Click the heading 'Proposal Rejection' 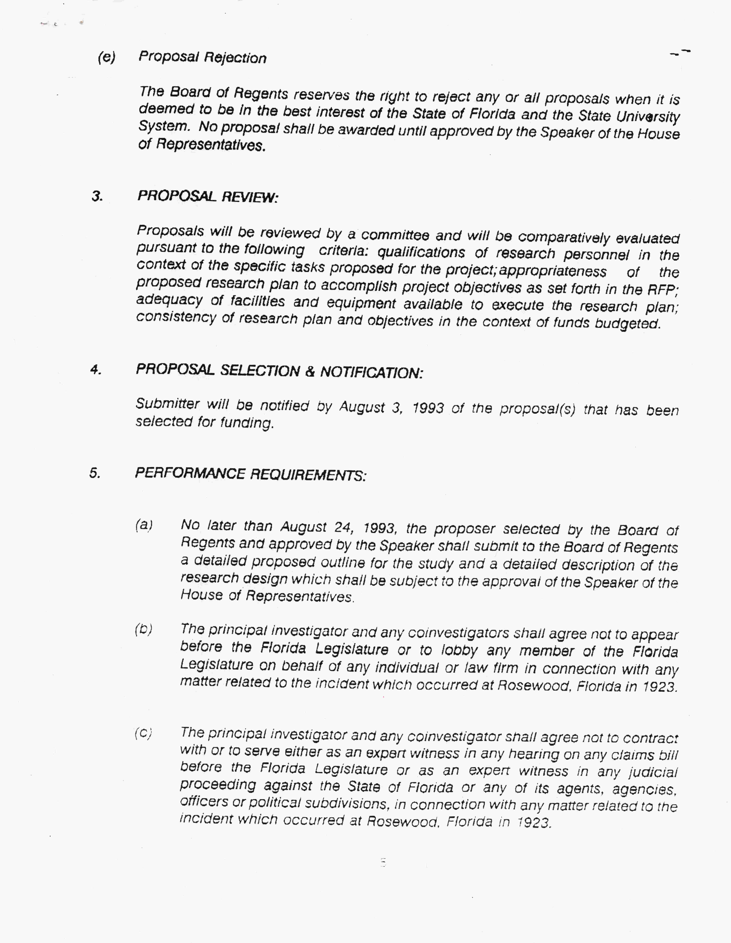[202, 57]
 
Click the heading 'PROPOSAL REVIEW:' [208, 197]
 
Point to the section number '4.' [96, 370]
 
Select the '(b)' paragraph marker [144, 629]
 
